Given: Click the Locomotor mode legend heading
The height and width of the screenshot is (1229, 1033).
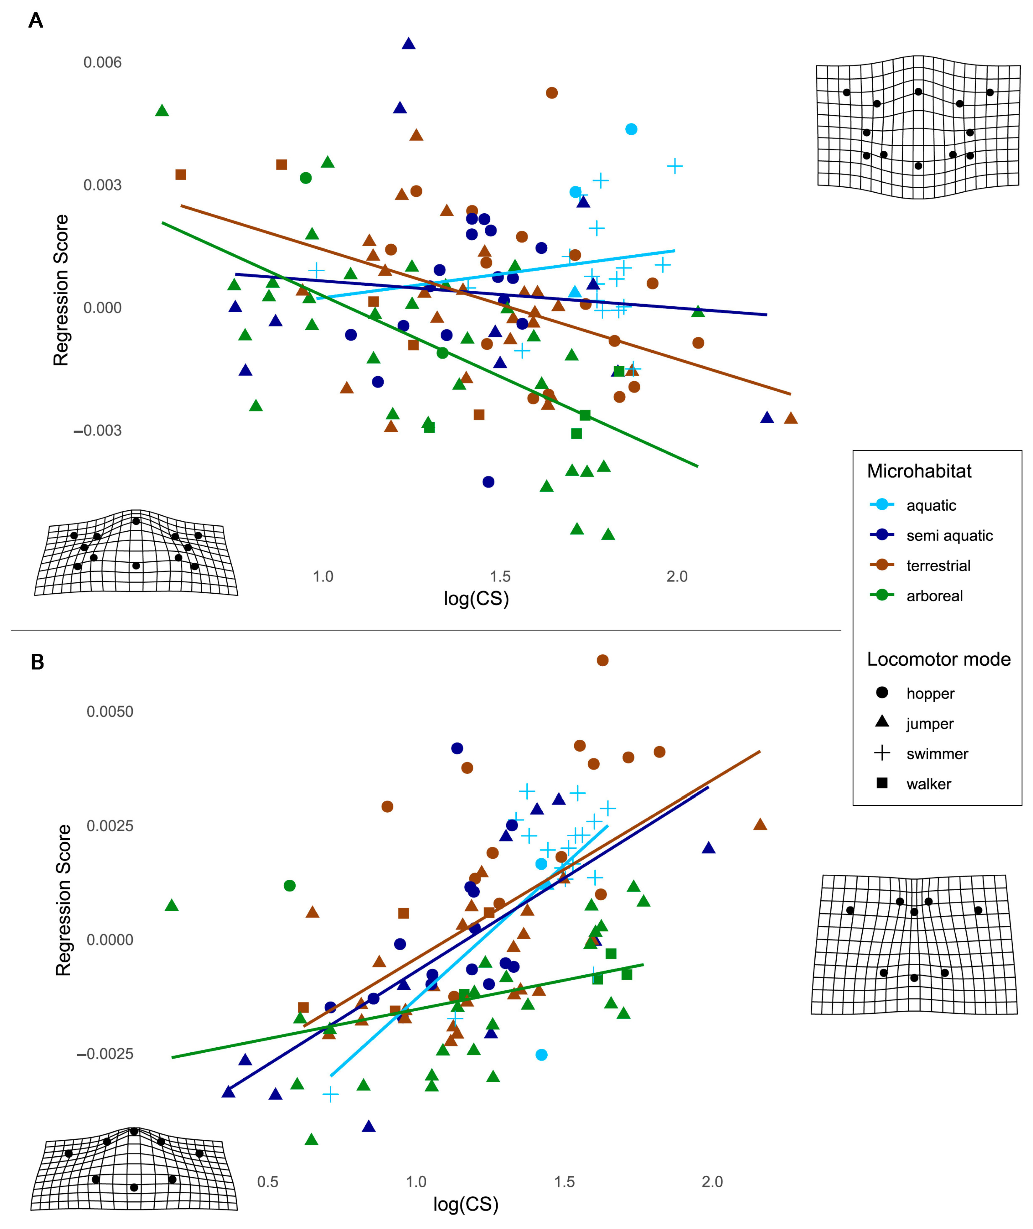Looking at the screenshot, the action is coord(939,659).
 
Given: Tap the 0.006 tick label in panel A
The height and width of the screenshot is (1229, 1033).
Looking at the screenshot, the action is coord(102,62).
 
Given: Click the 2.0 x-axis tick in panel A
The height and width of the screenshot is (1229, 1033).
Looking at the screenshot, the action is coord(677,576).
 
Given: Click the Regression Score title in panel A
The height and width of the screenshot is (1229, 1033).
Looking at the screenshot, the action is coord(61,290).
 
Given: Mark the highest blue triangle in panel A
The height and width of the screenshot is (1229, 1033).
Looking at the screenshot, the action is coord(409,43).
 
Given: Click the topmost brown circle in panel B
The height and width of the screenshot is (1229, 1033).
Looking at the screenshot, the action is coord(602,660).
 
